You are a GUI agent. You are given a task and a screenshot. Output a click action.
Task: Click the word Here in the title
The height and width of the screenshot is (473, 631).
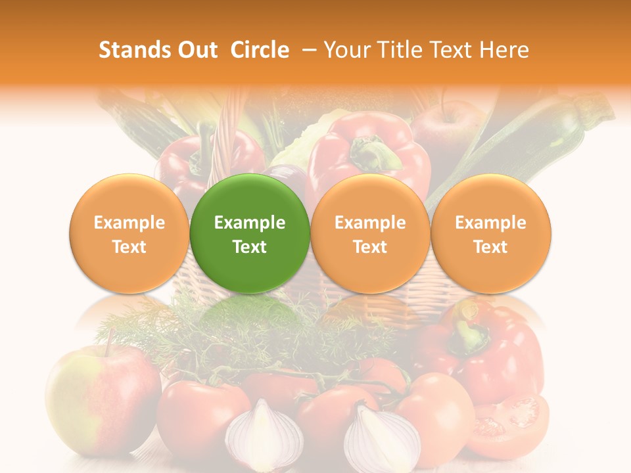(505, 50)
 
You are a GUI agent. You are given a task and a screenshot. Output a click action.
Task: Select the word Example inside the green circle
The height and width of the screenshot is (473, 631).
(250, 223)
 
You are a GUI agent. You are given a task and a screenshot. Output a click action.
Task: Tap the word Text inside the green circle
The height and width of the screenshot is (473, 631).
(250, 247)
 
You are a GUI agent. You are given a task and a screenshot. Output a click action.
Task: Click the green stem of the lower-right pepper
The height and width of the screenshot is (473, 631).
(469, 332)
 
